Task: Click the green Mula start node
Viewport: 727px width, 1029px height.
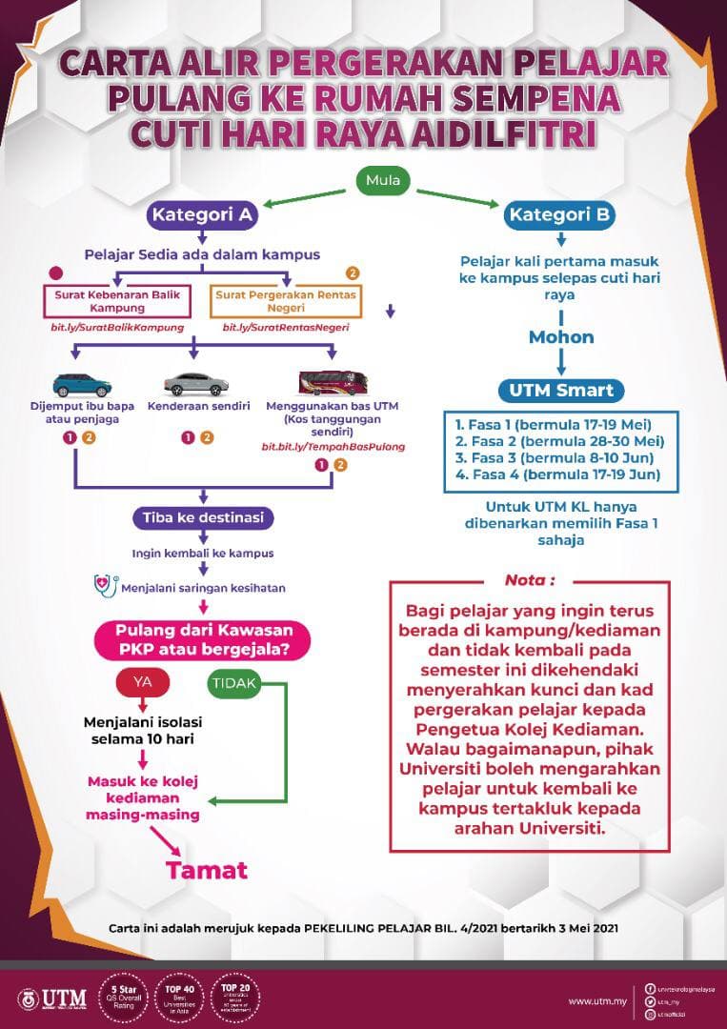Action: pos(385,179)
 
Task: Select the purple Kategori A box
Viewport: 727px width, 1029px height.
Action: pos(202,214)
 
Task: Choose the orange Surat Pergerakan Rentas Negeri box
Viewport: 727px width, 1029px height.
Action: pos(286,301)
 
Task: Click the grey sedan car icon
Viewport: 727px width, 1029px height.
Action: pos(195,383)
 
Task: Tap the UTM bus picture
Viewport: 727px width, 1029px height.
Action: pos(332,383)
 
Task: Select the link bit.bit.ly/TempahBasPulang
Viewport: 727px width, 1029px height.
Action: pos(333,446)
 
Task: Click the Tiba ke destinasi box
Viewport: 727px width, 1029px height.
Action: pos(203,518)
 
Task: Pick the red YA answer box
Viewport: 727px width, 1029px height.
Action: pos(142,682)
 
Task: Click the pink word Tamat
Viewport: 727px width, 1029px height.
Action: pos(207,870)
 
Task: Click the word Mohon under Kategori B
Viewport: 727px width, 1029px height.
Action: pos(561,337)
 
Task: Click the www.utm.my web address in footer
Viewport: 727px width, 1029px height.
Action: pos(596,1001)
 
